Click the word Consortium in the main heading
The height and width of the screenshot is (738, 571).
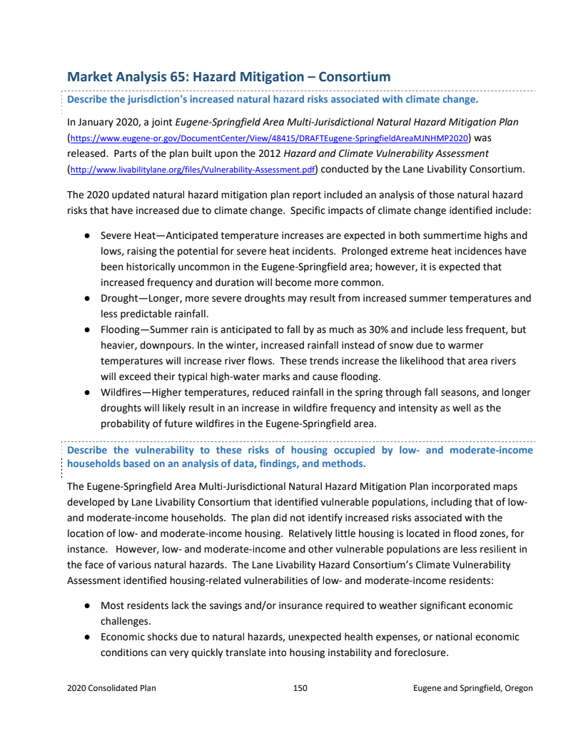(354, 76)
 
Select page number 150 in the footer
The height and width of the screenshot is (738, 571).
(300, 688)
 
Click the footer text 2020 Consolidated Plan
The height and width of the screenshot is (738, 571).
(111, 688)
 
